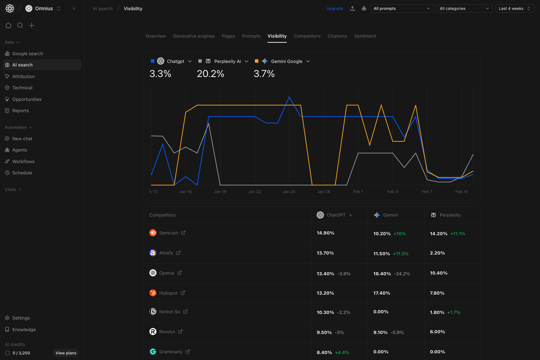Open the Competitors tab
coord(307,36)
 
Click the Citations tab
coord(337,36)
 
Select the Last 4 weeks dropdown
coord(514,8)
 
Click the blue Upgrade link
coord(334,8)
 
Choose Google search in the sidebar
coord(27,53)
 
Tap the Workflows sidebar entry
coord(23,161)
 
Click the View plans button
coord(66,353)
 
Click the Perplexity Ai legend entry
coord(227,61)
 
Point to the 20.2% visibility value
coord(210,74)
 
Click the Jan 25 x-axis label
coord(289,192)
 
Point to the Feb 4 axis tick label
coord(392,192)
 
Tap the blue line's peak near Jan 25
coord(289,97)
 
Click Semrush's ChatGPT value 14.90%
coord(325,233)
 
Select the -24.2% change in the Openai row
coord(402,274)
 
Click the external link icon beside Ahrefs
coord(178,253)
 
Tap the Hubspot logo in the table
coord(153,293)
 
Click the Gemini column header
coord(390,215)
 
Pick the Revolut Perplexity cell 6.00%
coord(437,332)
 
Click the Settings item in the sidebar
coord(21,318)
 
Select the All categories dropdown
coord(464,8)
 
